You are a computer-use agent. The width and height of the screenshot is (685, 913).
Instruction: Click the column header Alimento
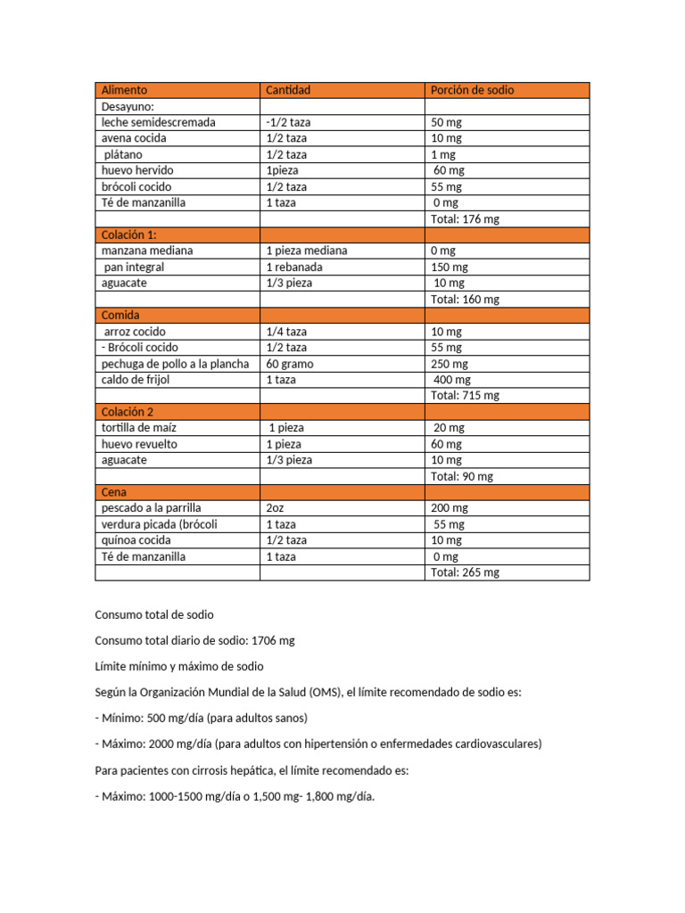(x=124, y=90)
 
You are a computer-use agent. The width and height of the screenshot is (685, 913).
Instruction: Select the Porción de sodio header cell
(x=472, y=90)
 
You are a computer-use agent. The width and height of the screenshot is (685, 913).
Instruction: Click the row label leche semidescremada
(x=158, y=122)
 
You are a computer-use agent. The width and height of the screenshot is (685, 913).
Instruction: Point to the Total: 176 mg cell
(x=465, y=219)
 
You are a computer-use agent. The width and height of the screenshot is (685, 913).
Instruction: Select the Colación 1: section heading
(x=128, y=235)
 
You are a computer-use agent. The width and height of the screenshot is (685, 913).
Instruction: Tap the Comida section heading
(x=120, y=316)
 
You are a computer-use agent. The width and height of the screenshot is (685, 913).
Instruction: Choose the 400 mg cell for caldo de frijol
(x=450, y=380)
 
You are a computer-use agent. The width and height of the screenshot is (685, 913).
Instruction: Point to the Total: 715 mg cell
(x=465, y=396)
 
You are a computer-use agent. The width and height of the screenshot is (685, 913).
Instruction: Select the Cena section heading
(x=114, y=492)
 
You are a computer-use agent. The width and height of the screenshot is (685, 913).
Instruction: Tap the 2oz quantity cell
(x=275, y=508)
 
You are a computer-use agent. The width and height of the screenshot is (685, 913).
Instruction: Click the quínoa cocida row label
(x=136, y=540)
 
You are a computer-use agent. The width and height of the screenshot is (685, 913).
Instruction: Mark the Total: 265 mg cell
(x=465, y=573)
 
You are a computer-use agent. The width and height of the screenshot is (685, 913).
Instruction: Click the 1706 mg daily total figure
(x=273, y=641)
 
